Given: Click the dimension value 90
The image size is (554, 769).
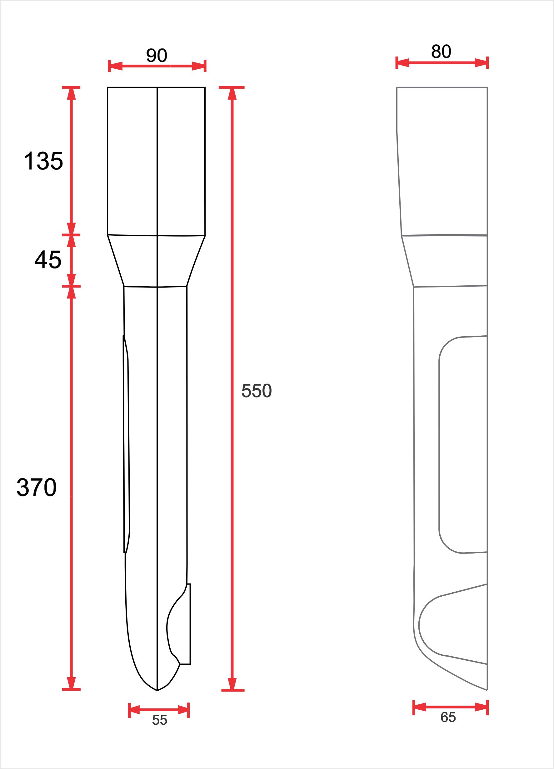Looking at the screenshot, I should pyautogui.click(x=157, y=55).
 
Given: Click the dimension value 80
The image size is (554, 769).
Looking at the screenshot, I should pyautogui.click(x=441, y=52).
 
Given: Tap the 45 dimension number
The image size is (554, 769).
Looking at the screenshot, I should pyautogui.click(x=48, y=260).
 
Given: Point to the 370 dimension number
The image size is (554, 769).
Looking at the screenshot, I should pyautogui.click(x=37, y=488).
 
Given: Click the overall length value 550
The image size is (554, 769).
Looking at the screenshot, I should pyautogui.click(x=256, y=391).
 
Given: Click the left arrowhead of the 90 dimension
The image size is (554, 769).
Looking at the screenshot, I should pyautogui.click(x=115, y=66).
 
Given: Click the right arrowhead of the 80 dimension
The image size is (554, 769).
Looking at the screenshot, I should pyautogui.click(x=482, y=63).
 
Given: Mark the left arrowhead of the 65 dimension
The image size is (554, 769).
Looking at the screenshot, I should pyautogui.click(x=420, y=707).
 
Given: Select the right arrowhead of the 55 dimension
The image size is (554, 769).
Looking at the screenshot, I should pyautogui.click(x=183, y=710).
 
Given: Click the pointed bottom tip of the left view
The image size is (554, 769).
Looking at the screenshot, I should pyautogui.click(x=157, y=689).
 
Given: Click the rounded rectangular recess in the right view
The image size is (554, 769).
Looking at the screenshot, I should pyautogui.click(x=463, y=444).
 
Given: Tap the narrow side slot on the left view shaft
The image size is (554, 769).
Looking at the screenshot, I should pyautogui.click(x=126, y=444).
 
